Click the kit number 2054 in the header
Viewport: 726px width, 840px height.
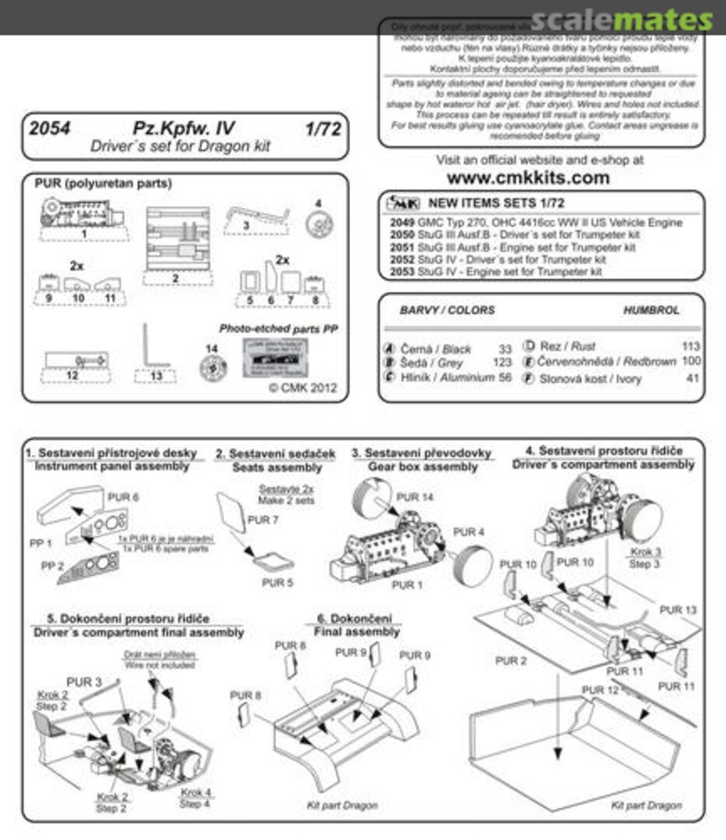(49, 129)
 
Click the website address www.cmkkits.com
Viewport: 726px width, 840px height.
(539, 178)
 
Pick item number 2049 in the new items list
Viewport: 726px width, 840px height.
(398, 222)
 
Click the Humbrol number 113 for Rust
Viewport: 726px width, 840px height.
(689, 347)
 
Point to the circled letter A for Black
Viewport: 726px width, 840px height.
(390, 348)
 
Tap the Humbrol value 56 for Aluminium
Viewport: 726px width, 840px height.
(505, 377)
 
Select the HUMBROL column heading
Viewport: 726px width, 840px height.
(651, 310)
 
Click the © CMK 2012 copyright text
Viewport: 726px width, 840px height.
(303, 388)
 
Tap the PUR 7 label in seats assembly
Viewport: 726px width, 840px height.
(262, 520)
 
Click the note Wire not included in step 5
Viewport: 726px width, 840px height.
(160, 666)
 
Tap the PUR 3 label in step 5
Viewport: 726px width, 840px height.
(84, 681)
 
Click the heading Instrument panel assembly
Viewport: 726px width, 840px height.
(111, 466)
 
